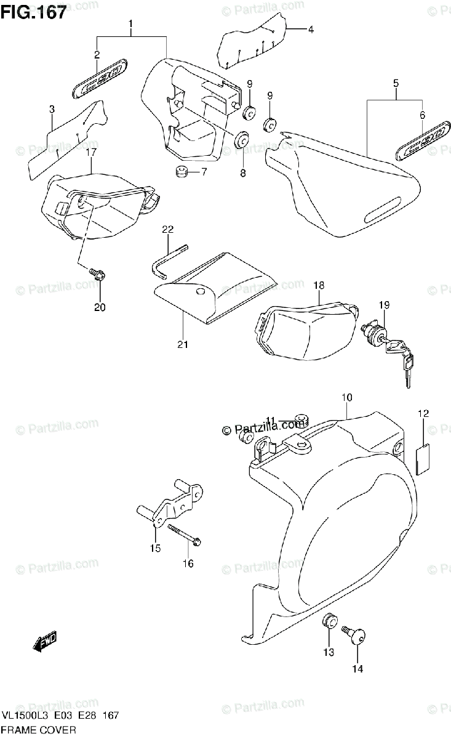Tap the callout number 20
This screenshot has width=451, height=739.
point(100,307)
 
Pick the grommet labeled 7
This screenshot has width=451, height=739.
point(181,171)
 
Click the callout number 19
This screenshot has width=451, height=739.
point(385,304)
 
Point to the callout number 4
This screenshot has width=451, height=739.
point(311,29)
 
